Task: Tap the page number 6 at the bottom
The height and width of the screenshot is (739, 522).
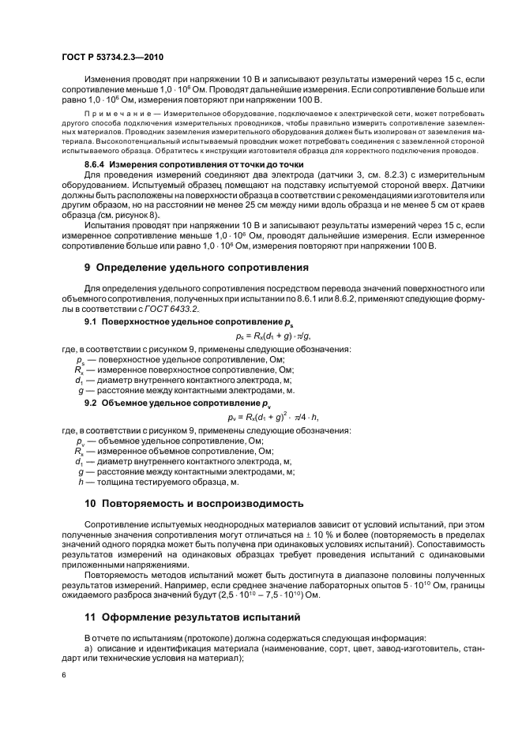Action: (x=62, y=676)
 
